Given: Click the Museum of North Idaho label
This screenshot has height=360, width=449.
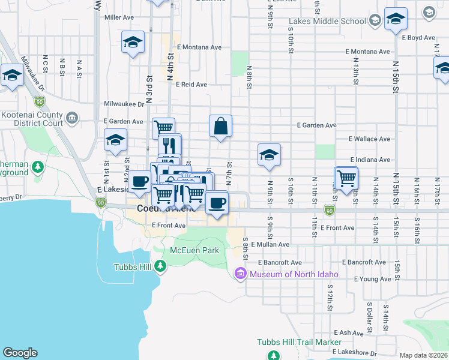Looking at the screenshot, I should point(294,275).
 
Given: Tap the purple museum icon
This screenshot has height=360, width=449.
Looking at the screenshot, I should point(241,275).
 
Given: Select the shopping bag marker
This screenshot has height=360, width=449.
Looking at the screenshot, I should point(220,127).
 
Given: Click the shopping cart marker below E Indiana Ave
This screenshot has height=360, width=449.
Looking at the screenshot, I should point(346,178).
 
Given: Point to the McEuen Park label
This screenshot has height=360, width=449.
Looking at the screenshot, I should point(194,250).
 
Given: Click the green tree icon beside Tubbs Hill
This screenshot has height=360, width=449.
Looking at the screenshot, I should point(160,266).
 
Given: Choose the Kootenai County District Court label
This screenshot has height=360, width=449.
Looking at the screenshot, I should point(32,119).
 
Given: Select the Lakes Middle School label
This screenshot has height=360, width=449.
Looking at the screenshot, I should point(327,22).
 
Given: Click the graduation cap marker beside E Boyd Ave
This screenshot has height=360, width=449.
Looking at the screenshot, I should point(396,19).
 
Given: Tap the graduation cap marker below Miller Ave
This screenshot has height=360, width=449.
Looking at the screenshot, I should point(133,43).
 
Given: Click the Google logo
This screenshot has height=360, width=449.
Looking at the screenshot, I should point(20,353).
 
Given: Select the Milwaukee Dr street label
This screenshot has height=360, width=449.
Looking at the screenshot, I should point(124,104).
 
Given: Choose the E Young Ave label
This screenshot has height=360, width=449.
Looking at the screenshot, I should point(372,279).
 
